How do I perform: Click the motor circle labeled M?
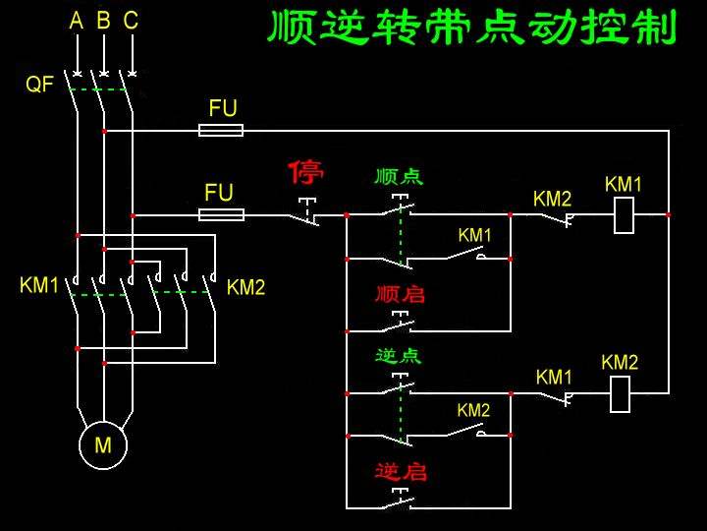[103, 445]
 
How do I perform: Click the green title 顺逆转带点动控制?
[472, 28]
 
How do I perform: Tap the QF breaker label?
[39, 86]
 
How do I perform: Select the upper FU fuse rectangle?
[221, 130]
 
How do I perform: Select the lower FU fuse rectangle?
[221, 214]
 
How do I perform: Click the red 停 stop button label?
[305, 173]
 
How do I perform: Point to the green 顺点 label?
[399, 177]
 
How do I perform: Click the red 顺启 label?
[400, 294]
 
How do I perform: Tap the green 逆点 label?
[399, 355]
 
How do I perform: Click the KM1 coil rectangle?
[624, 214]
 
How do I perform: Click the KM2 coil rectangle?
[620, 393]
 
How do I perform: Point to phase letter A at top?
[77, 21]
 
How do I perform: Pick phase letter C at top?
[131, 21]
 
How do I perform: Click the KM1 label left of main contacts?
[39, 286]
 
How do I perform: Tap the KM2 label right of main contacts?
[245, 287]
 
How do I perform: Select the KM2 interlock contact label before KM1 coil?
[552, 199]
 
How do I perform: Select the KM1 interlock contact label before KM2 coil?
[554, 377]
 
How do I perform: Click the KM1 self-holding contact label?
[474, 235]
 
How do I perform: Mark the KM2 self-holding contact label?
[473, 410]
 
